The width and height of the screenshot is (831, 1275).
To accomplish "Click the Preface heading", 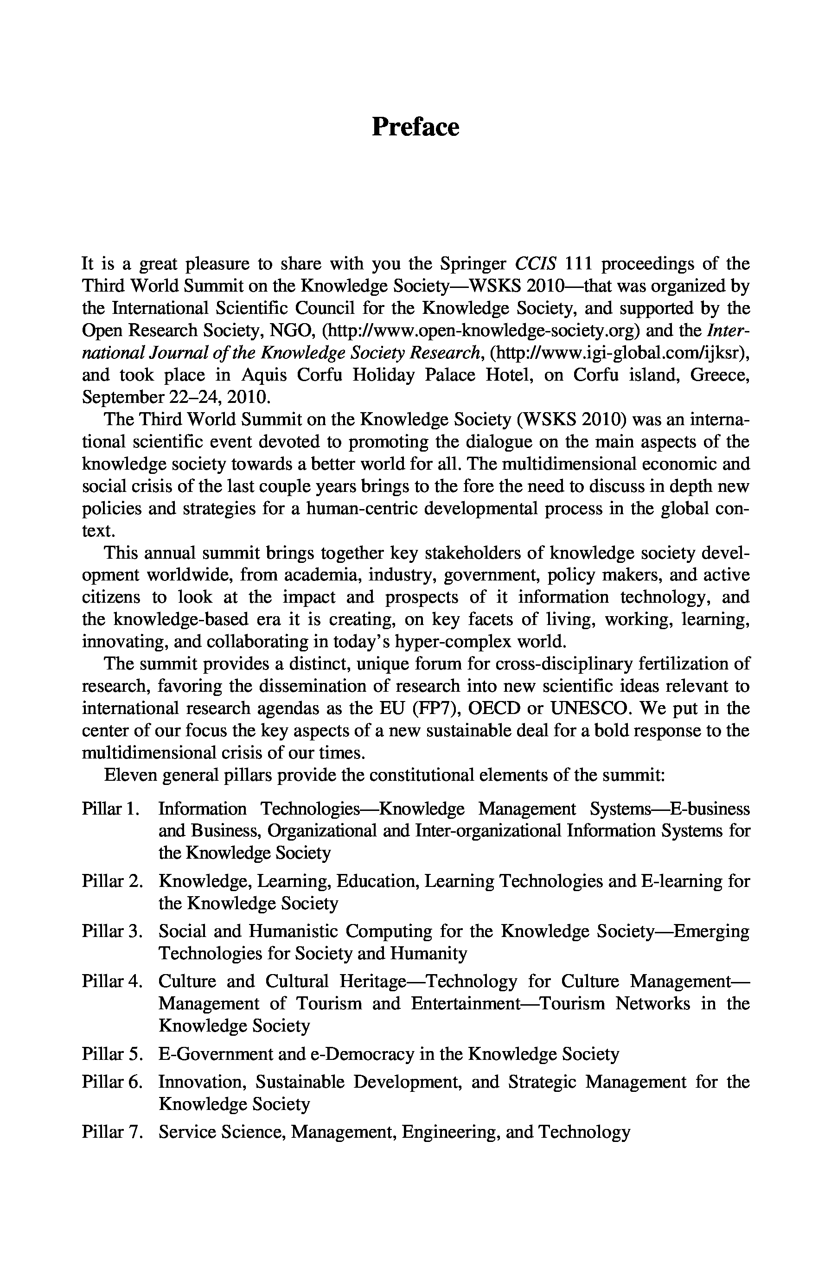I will point(415,127).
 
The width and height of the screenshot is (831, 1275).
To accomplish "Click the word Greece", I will point(720,375).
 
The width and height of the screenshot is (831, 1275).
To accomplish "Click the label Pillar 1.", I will point(111,809).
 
